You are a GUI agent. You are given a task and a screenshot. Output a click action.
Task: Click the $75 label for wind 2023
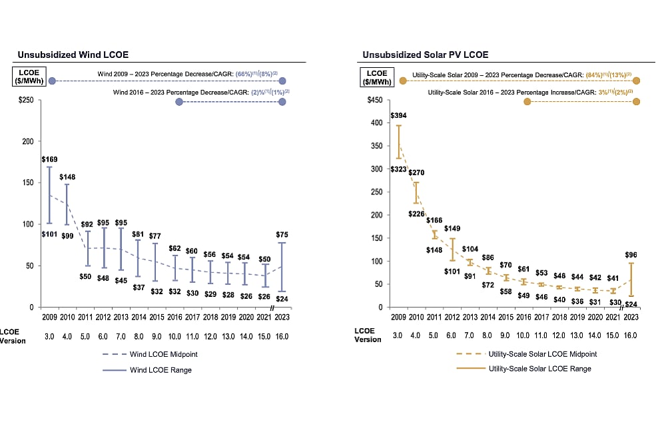click(282, 234)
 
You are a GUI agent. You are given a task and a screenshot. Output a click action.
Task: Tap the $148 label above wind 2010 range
click(68, 177)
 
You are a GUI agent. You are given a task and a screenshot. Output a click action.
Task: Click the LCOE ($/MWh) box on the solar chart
click(376, 76)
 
